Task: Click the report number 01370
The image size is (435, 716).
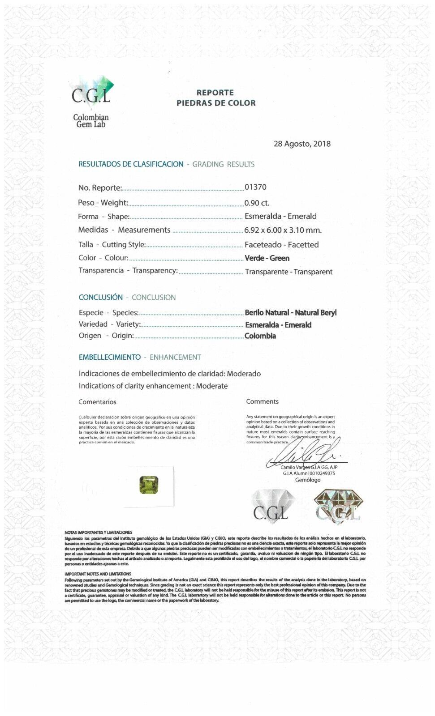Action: [x=255, y=187]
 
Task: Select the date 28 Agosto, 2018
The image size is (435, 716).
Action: [x=302, y=144]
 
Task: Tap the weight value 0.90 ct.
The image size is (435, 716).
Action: [x=257, y=203]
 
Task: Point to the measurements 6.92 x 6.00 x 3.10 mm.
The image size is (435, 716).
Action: [x=283, y=230]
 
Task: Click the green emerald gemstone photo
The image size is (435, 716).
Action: [x=149, y=485]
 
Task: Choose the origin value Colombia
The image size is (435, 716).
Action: [x=260, y=336]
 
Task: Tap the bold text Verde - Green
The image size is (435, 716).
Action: [x=267, y=258]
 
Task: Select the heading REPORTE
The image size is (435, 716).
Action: [x=215, y=93]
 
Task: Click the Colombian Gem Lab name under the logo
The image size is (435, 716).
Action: [x=91, y=121]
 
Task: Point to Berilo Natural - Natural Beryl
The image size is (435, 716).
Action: [x=291, y=313]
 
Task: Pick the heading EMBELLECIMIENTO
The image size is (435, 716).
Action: [x=110, y=357]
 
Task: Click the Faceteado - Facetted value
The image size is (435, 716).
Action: [x=282, y=245]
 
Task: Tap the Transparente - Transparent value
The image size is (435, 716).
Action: [x=289, y=272]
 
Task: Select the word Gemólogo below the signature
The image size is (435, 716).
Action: [x=308, y=480]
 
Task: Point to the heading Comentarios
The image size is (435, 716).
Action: [x=97, y=402]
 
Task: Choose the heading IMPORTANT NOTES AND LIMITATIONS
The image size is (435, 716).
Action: [x=98, y=574]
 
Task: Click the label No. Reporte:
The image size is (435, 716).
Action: [x=100, y=188]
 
